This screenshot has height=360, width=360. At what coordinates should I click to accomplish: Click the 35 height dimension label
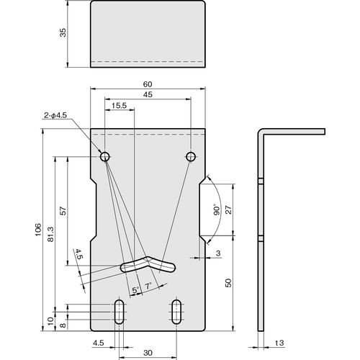tap(63, 32)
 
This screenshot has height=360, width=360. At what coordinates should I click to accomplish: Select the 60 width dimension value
tap(148, 84)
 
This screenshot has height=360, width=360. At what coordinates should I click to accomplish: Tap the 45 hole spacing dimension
tap(148, 94)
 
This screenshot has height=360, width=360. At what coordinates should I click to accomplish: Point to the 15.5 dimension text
tap(120, 105)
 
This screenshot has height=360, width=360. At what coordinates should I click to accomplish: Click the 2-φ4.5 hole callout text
tap(55, 115)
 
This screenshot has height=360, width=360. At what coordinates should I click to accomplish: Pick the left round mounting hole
tap(105, 157)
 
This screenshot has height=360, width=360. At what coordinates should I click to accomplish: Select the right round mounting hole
tap(191, 157)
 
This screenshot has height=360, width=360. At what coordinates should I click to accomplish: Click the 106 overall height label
tap(38, 230)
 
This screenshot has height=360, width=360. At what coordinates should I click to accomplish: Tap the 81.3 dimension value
tap(51, 234)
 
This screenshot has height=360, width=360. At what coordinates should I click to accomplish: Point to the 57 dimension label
tap(63, 211)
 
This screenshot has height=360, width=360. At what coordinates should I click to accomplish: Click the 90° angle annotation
tap(217, 210)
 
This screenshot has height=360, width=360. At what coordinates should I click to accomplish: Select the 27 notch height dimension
tap(229, 210)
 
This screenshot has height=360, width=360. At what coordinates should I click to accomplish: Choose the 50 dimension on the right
tap(229, 283)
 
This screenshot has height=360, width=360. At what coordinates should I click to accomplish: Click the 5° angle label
tap(135, 290)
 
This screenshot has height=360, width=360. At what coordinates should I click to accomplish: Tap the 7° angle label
tap(148, 286)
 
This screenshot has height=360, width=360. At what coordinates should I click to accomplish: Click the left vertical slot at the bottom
tap(120, 312)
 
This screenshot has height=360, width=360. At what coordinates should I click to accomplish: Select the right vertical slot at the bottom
tap(176, 312)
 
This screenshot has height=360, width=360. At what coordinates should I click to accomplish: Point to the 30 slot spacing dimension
tap(148, 353)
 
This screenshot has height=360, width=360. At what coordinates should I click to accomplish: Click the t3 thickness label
tap(279, 343)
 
